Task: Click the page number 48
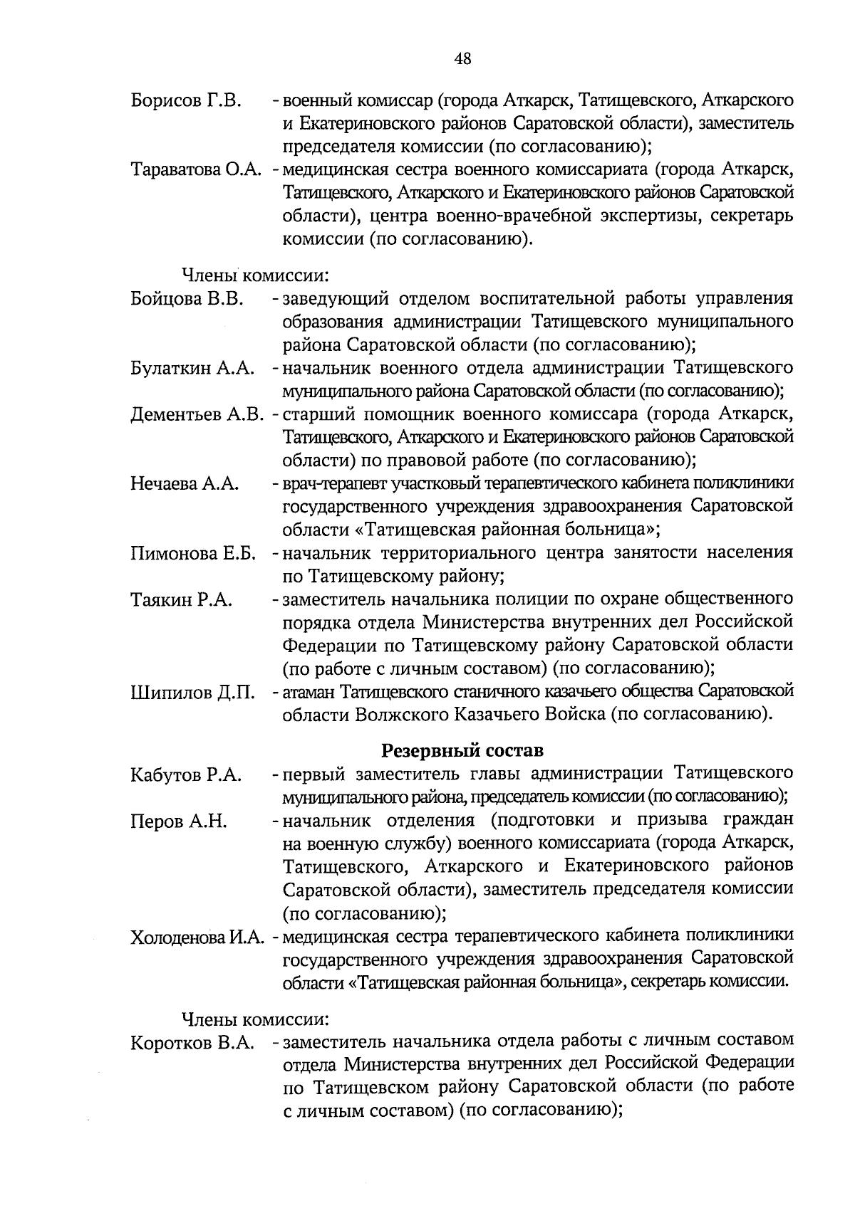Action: (x=462, y=59)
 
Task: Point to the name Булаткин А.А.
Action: (x=192, y=369)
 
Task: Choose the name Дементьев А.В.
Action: (x=197, y=415)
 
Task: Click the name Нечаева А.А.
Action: (x=185, y=484)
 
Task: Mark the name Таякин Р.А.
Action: (x=182, y=600)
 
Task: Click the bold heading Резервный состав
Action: (x=462, y=750)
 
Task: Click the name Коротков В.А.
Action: (x=192, y=1044)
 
